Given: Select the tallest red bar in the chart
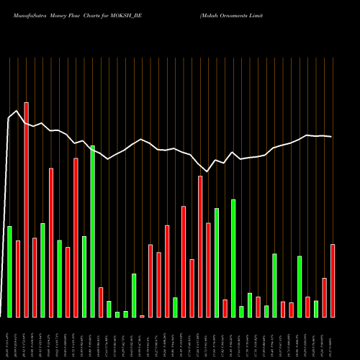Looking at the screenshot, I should pos(27,210).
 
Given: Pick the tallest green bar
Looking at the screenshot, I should pos(92,231).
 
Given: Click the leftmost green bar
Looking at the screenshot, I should pos(9,271).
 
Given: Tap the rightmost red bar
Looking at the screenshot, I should pos(333,281).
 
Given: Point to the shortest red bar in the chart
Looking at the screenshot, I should pos(142,316).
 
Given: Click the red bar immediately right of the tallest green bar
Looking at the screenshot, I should pos(101,302).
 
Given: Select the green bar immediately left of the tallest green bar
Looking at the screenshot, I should pos(84,276).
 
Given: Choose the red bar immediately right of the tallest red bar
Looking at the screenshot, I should pos(35,277).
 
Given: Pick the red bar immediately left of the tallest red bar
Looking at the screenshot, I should pos(18,279).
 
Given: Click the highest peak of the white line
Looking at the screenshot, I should pos(17,110).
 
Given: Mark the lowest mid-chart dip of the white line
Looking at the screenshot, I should pos(207,171).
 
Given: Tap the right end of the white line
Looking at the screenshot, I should pos(332,137).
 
